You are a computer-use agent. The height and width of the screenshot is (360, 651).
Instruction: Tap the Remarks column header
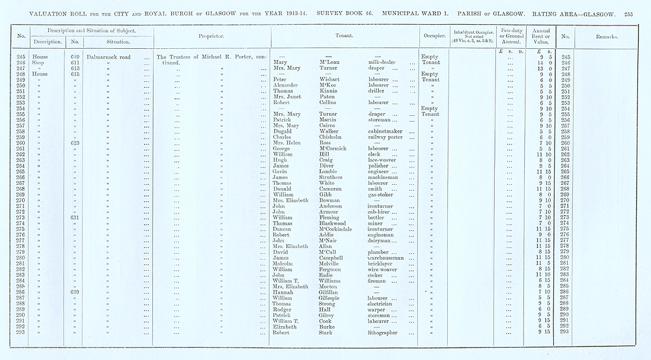pyautogui.click(x=605, y=36)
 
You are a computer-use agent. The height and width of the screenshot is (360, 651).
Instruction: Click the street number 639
pyautogui.click(x=76, y=292)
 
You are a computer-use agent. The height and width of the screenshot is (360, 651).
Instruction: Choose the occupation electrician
pyautogui.click(x=383, y=304)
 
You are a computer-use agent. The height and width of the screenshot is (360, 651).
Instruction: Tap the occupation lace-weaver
pyautogui.click(x=383, y=160)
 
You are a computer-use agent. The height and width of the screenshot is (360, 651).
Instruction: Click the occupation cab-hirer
pyautogui.click(x=381, y=212)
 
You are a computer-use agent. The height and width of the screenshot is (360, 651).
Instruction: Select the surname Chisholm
pyautogui.click(x=331, y=137)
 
